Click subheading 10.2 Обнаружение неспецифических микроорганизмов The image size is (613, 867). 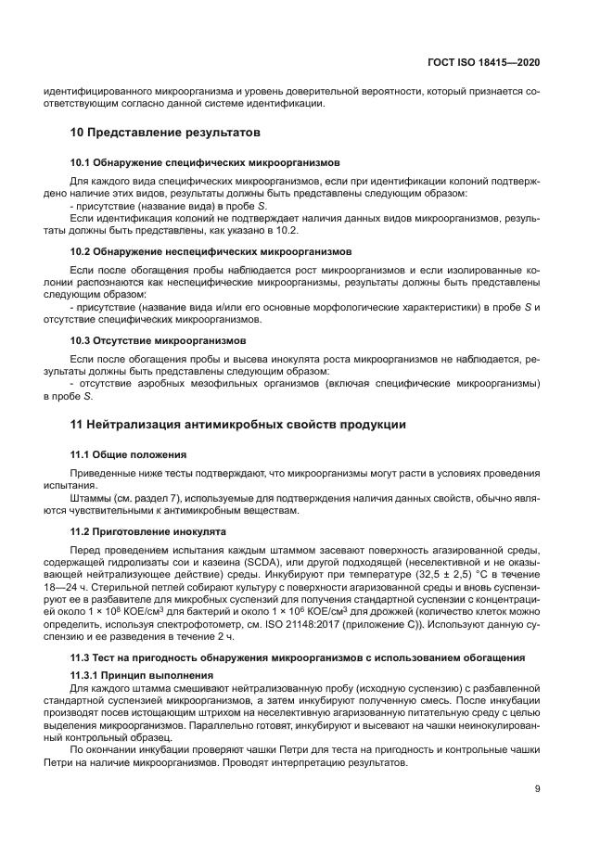click(211, 251)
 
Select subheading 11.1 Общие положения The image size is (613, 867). click(129, 454)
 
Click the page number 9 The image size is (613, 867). click(538, 790)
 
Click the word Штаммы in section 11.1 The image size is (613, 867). click(90, 498)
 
